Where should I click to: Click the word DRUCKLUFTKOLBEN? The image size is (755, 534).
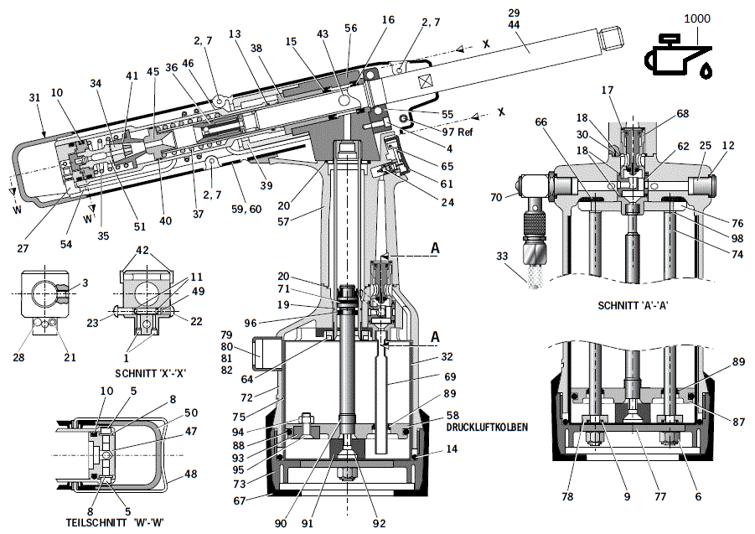(x=488, y=427)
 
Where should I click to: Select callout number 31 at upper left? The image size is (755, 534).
(x=34, y=98)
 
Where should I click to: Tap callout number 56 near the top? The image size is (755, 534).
(x=350, y=27)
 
